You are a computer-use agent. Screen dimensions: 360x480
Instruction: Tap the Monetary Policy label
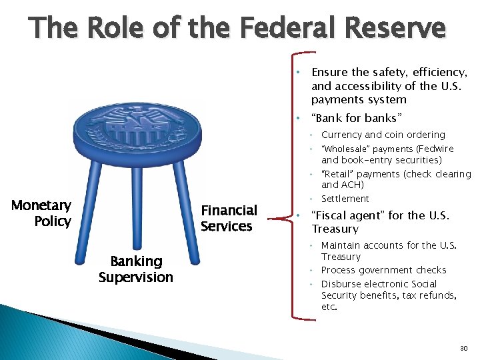[x=41, y=213]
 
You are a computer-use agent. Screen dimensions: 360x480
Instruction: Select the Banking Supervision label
[x=135, y=269]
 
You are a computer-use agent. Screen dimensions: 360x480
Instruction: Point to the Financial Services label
[x=229, y=218]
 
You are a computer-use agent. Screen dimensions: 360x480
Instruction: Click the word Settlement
[x=345, y=199]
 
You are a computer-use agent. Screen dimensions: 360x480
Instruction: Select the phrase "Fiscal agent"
[x=347, y=215]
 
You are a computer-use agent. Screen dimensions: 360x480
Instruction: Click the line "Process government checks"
[x=383, y=270]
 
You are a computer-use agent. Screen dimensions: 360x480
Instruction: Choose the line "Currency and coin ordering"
[x=383, y=135]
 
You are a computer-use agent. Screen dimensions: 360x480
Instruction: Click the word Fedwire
[x=437, y=149]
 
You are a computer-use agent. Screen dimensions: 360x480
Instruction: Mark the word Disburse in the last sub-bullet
[x=341, y=284]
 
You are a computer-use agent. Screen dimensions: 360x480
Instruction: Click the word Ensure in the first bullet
[x=329, y=73]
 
